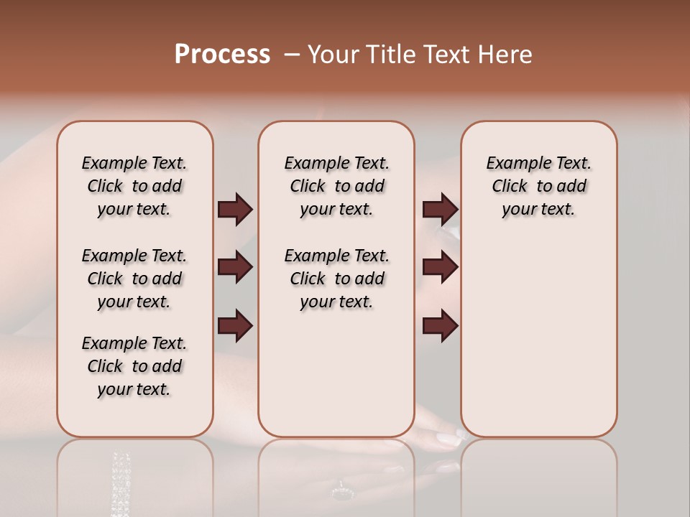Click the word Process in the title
click(x=222, y=54)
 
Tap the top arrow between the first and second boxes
click(x=235, y=210)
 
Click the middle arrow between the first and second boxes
click(x=235, y=268)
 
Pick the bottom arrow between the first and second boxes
click(x=235, y=326)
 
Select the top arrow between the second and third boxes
click(x=440, y=210)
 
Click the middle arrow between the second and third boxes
click(x=440, y=268)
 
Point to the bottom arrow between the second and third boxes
click(x=440, y=326)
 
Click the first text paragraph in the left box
click(x=134, y=186)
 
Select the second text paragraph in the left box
click(x=134, y=279)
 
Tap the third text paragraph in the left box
click(x=134, y=366)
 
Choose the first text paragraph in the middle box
click(x=336, y=186)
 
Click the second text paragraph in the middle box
click(x=336, y=279)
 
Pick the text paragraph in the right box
click(x=538, y=186)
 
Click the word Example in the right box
click(x=512, y=164)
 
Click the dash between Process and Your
click(x=291, y=55)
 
